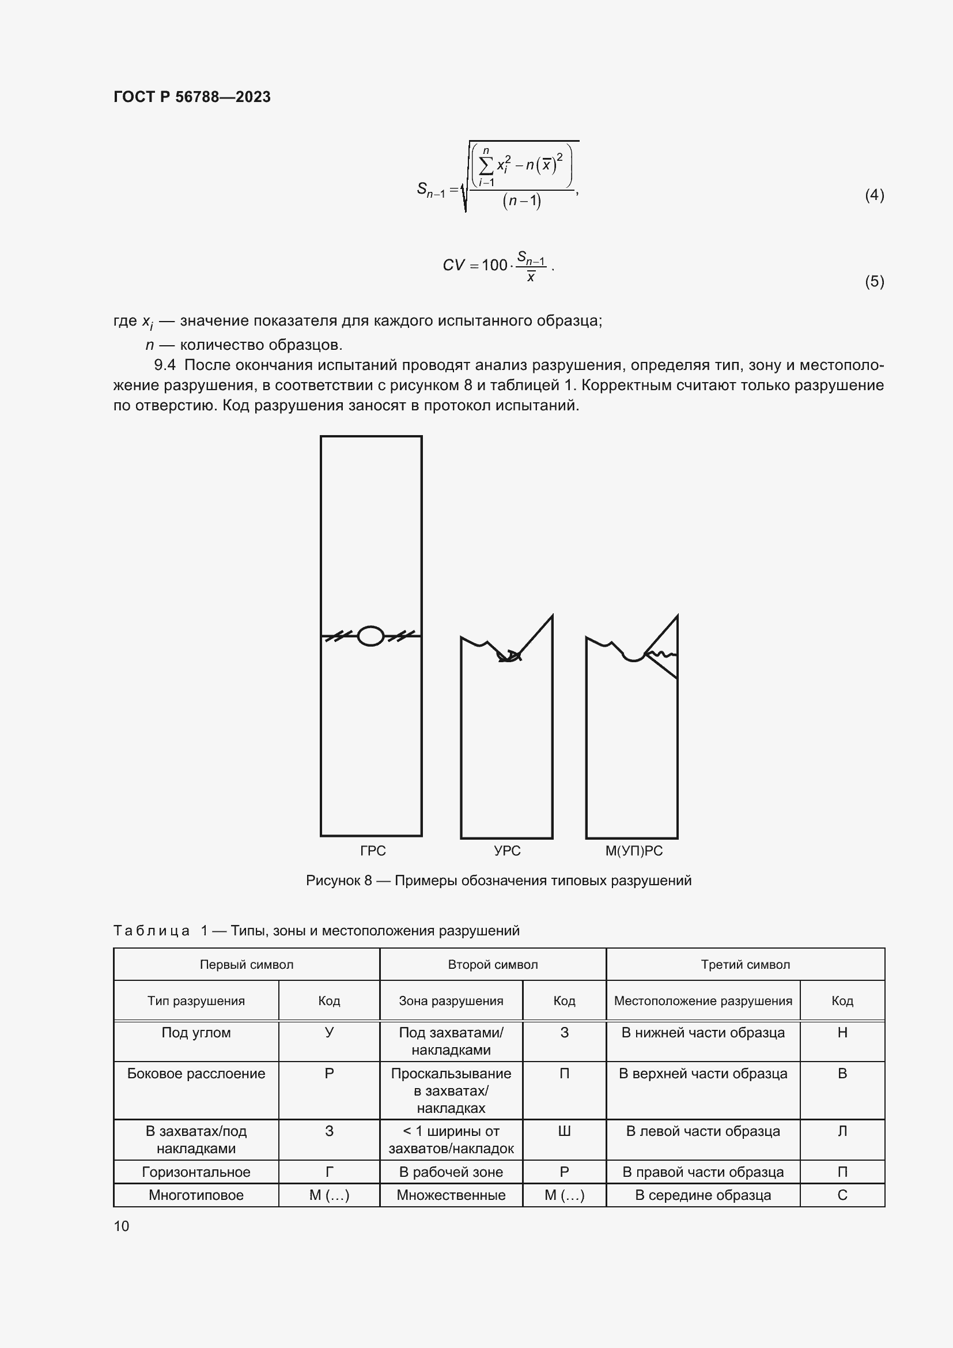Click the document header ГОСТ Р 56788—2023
(x=192, y=97)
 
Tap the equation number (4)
(x=874, y=195)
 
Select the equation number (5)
(x=874, y=281)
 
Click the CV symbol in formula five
(x=453, y=265)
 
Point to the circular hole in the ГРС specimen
(x=371, y=636)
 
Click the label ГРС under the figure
(x=373, y=851)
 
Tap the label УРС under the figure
(x=507, y=851)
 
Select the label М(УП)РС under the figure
(x=634, y=851)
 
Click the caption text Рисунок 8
(x=339, y=881)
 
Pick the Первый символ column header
(x=247, y=965)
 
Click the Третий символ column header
(x=745, y=965)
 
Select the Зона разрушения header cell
(x=451, y=1001)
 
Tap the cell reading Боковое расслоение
(x=196, y=1074)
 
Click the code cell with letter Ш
(x=564, y=1131)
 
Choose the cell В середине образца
(x=702, y=1195)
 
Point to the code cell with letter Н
(x=842, y=1033)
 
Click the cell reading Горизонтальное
(x=196, y=1172)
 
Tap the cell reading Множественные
(x=451, y=1195)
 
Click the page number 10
(x=122, y=1226)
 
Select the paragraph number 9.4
(x=165, y=365)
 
